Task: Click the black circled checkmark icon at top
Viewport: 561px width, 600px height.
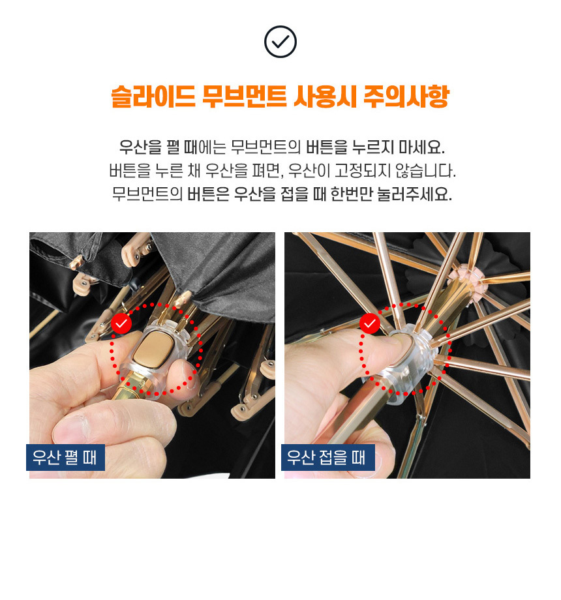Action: point(280,42)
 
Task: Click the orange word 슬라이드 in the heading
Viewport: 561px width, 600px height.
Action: point(153,97)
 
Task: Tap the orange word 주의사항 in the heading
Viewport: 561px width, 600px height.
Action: point(406,97)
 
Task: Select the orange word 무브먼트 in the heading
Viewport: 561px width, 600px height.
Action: point(245,97)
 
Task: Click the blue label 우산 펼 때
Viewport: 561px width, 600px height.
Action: point(65,457)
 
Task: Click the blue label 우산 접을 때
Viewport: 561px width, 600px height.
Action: point(328,457)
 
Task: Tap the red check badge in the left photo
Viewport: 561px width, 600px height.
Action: point(121,323)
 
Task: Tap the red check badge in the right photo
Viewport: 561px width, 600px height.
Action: point(370,323)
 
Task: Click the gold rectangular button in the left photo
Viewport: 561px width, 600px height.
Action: point(151,350)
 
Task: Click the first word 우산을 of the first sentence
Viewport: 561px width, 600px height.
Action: point(140,147)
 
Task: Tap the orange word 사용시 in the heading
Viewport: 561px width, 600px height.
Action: point(326,97)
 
